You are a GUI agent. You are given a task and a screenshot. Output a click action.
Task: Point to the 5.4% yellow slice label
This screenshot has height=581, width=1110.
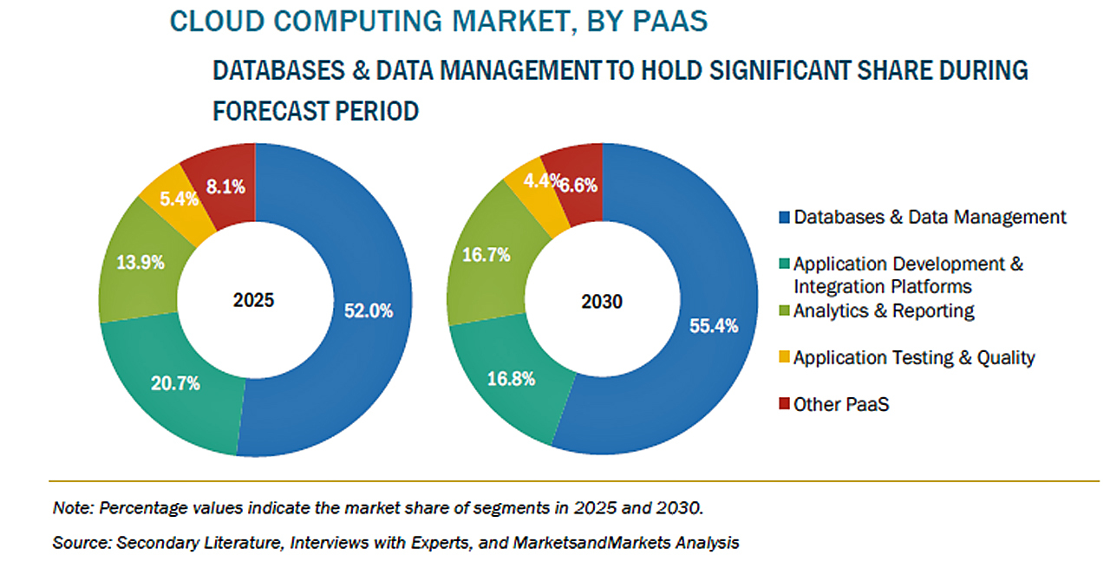[x=180, y=199]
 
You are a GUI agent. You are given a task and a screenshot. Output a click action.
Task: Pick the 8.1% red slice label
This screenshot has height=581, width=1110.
[x=225, y=186]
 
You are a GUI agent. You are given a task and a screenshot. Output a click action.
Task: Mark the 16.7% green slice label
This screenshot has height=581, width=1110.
[x=486, y=256]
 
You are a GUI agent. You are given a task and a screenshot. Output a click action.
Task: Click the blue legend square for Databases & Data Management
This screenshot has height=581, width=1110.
[x=785, y=217]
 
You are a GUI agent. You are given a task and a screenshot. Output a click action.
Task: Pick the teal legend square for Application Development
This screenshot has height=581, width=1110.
[x=785, y=264]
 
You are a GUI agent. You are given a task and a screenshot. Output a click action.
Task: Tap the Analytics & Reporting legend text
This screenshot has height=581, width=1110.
[x=884, y=310]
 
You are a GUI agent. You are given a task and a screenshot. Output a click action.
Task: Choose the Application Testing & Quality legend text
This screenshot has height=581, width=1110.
[x=914, y=357]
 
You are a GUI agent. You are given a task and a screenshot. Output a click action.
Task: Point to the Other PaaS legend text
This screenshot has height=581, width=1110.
[x=841, y=404]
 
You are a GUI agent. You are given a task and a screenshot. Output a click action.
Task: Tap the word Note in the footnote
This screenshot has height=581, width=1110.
[x=70, y=506]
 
